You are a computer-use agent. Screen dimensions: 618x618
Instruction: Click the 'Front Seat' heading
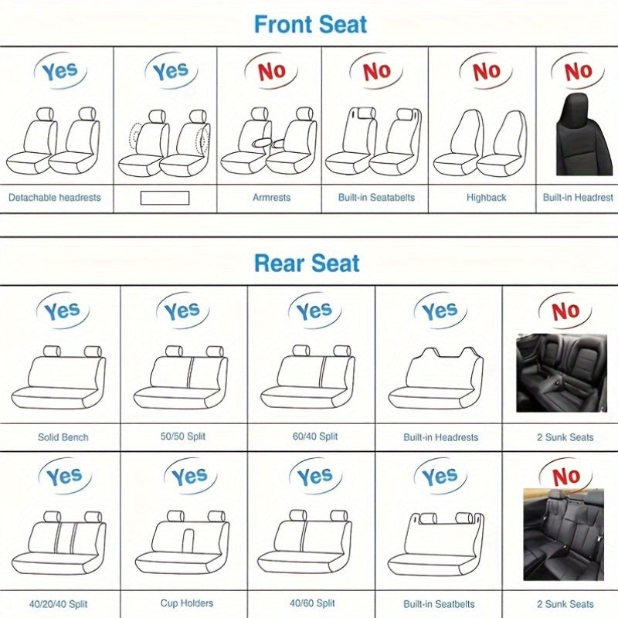pyautogui.click(x=311, y=24)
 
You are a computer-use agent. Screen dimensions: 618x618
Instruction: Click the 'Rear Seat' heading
pyautogui.click(x=307, y=263)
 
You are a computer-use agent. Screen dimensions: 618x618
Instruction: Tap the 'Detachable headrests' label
pyautogui.click(x=55, y=198)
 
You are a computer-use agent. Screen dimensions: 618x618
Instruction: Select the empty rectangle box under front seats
pyautogui.click(x=165, y=198)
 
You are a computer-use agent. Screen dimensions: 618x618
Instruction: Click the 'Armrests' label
pyautogui.click(x=272, y=198)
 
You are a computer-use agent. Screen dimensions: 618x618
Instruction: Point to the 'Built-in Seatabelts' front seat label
pyautogui.click(x=376, y=198)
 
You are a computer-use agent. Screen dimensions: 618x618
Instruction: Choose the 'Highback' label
pyautogui.click(x=486, y=198)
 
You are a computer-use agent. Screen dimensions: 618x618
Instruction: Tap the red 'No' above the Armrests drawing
pyautogui.click(x=271, y=72)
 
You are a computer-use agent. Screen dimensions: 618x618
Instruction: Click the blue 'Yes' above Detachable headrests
pyautogui.click(x=59, y=72)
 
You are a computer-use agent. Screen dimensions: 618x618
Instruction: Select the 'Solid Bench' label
pyautogui.click(x=63, y=437)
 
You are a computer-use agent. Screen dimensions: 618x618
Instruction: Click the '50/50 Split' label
pyautogui.click(x=183, y=437)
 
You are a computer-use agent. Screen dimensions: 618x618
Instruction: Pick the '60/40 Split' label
pyautogui.click(x=312, y=437)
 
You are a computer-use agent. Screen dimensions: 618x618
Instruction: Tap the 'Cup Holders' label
pyautogui.click(x=187, y=603)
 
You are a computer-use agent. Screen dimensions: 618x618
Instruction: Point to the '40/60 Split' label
pyautogui.click(x=312, y=603)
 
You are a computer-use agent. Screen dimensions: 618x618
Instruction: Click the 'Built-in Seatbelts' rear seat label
pyautogui.click(x=439, y=603)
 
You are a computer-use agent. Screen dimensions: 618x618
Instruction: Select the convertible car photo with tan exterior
pyautogui.click(x=563, y=534)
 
